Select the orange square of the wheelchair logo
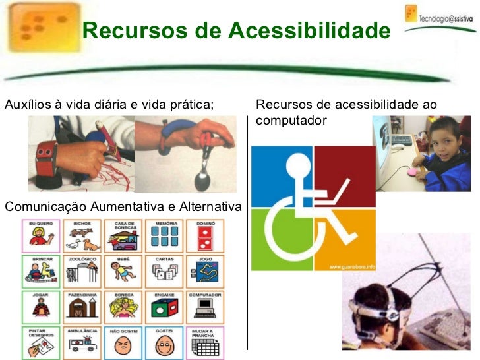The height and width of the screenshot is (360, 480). tap(345, 239)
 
